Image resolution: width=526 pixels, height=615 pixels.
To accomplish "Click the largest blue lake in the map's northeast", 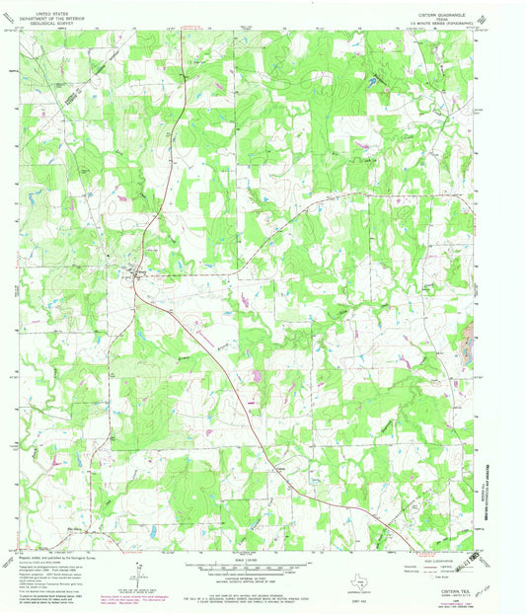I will pyautogui.click(x=373, y=81).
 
